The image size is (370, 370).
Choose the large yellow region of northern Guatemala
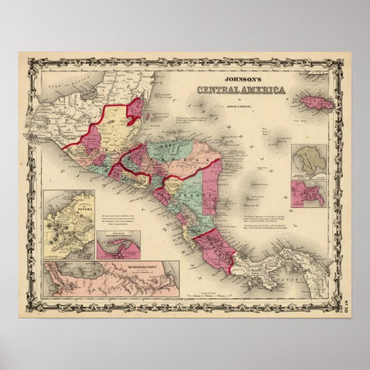(118, 124)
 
